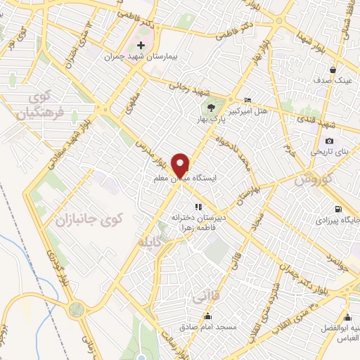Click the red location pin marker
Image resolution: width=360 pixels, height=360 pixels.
tap(181, 165)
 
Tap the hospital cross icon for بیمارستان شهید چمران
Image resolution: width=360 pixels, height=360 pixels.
tap(141, 44)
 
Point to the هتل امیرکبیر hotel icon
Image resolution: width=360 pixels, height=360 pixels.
tap(247, 101)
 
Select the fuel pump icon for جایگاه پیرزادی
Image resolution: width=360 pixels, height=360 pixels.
tap(339, 209)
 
